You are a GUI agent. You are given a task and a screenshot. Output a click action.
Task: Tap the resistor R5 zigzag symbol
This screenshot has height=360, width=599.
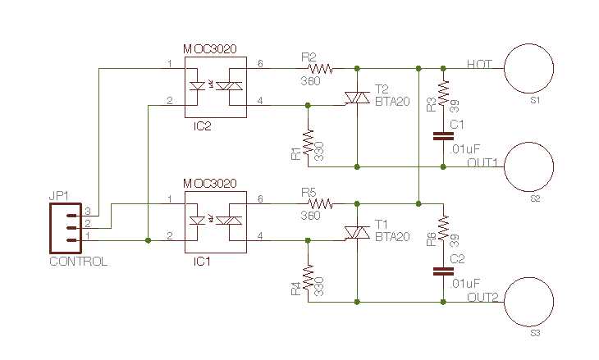[318, 203]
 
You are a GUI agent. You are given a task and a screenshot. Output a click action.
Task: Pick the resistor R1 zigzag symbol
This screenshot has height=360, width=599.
[308, 145]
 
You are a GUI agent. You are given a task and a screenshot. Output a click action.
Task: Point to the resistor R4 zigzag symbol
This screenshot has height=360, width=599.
[308, 280]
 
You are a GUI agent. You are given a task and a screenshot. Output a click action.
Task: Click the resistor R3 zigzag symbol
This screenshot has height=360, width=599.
[443, 93]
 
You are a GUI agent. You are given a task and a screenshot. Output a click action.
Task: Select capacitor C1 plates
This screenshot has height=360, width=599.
[443, 133]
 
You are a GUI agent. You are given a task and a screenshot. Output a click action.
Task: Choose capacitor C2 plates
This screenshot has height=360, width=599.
[443, 268]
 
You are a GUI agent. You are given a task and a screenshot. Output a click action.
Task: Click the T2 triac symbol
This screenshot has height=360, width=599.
[356, 98]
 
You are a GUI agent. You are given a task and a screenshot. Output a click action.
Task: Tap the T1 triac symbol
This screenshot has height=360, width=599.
[356, 234]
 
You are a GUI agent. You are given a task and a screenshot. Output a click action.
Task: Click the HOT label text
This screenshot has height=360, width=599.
[479, 63]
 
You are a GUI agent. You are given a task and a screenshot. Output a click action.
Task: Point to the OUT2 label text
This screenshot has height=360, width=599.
[482, 297]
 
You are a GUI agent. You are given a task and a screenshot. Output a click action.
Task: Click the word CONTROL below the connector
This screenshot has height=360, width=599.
[78, 262]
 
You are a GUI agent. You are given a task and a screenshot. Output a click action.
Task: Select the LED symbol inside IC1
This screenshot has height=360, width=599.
[198, 220]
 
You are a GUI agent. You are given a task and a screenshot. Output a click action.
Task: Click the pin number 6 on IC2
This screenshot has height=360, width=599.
[260, 63]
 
